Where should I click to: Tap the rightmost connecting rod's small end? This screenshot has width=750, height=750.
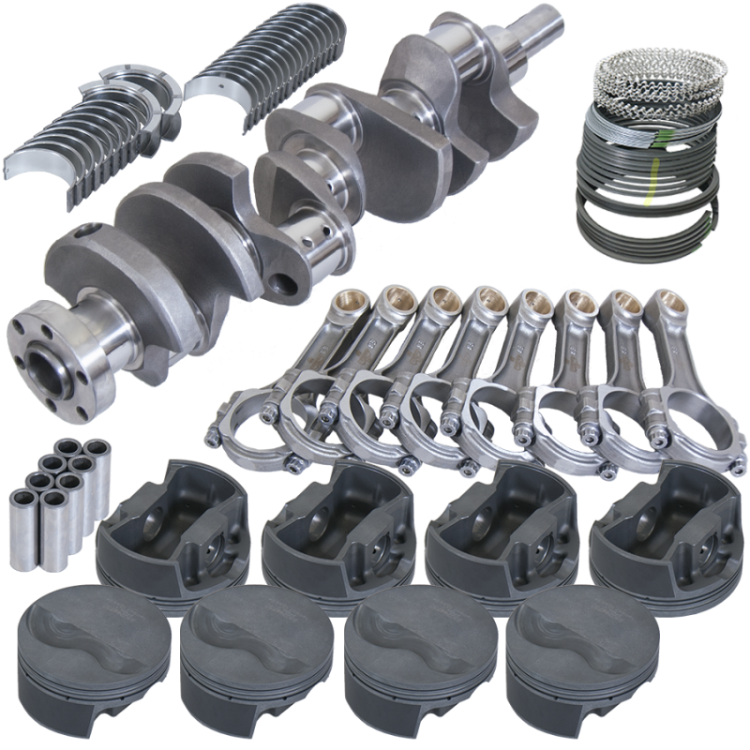tap(666, 304)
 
